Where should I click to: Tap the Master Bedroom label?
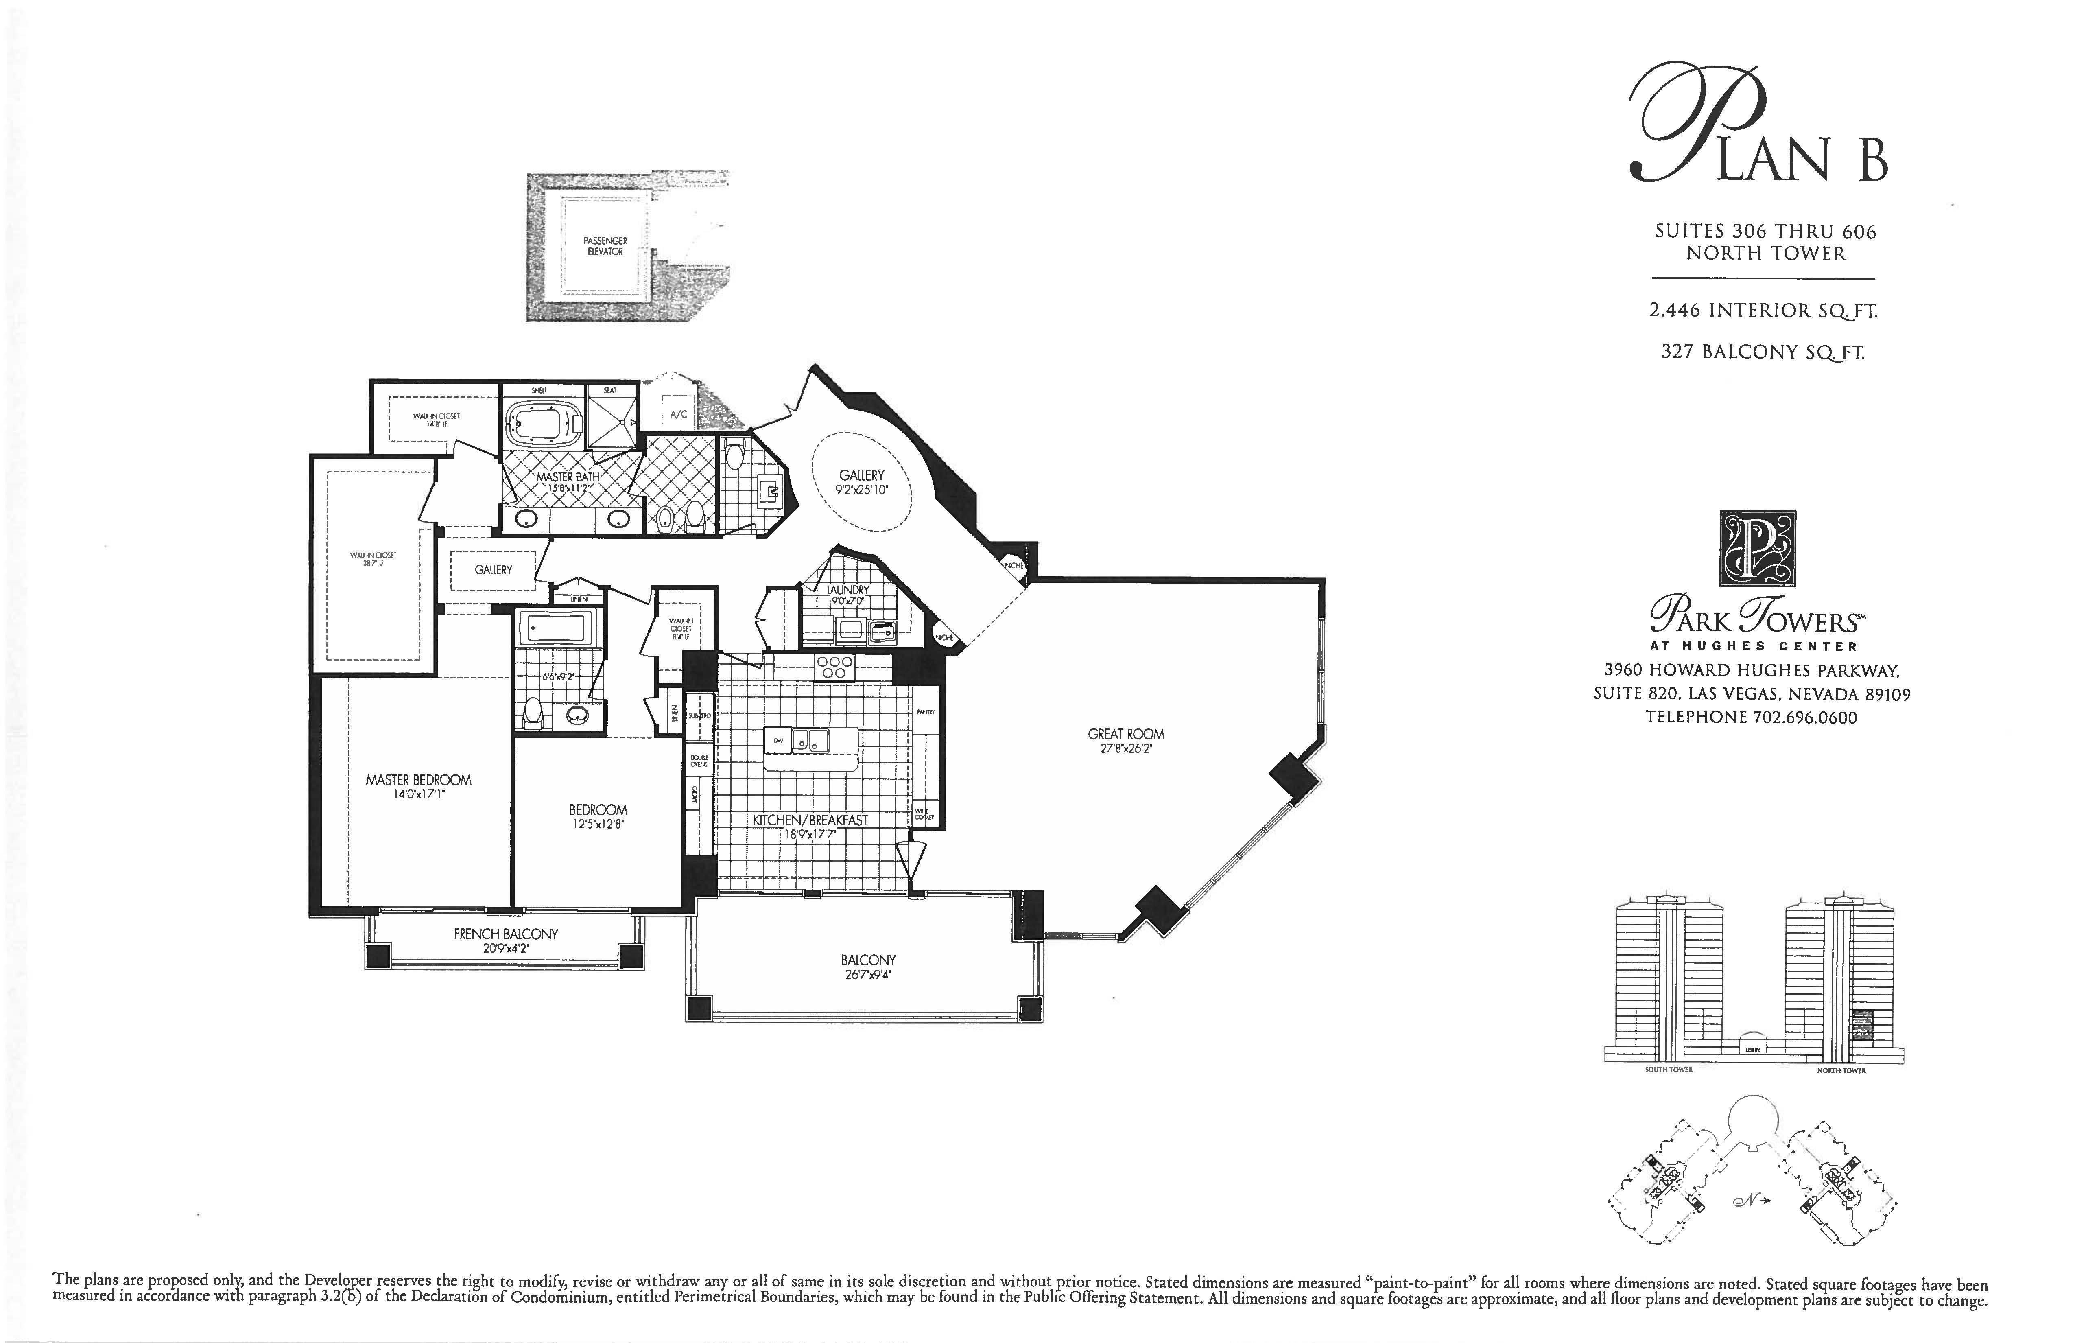(419, 780)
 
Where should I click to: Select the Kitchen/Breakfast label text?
(810, 820)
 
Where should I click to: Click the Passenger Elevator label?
(605, 246)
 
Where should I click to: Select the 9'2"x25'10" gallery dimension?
(861, 490)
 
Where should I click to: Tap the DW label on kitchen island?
(779, 740)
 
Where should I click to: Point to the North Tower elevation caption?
(1841, 1070)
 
